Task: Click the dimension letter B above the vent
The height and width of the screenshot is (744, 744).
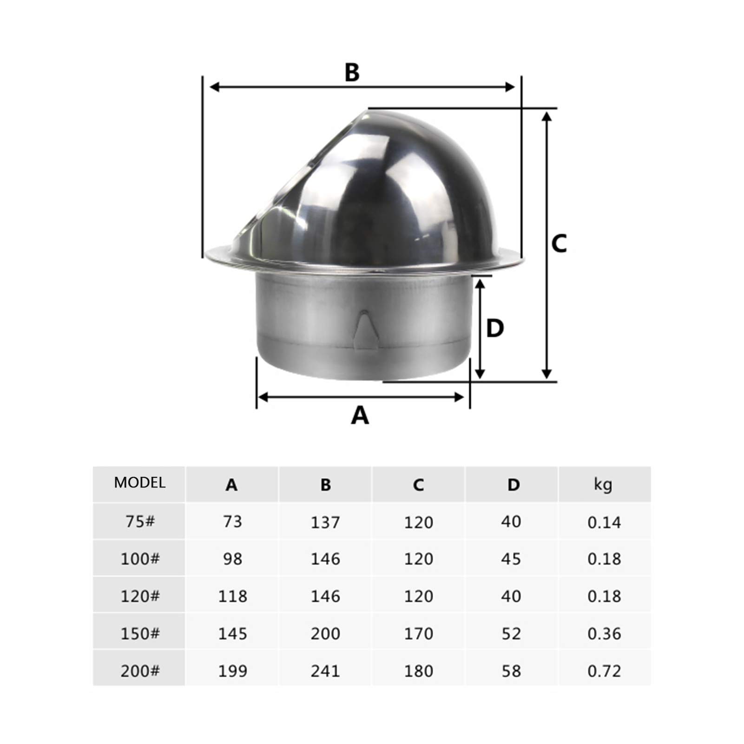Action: coord(352,72)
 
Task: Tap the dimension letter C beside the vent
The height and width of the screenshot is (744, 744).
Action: coord(559,243)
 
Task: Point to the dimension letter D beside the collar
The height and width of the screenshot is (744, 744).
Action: coord(495,328)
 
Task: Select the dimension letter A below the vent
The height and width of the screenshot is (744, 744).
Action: coord(360,415)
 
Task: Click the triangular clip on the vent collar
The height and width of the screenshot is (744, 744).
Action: coord(364,330)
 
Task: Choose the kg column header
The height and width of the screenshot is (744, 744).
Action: coord(603,484)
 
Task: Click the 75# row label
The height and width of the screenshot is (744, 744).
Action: coord(140,521)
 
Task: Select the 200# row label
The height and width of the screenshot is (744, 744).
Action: coord(140,671)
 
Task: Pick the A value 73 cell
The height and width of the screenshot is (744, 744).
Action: coord(232,521)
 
